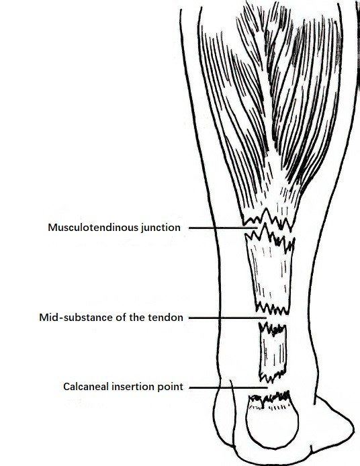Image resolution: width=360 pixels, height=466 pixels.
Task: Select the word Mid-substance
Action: pyautogui.click(x=76, y=318)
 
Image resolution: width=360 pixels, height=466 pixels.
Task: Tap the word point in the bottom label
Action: pyautogui.click(x=171, y=387)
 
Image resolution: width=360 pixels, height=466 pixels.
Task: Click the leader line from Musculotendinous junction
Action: pyautogui.click(x=223, y=228)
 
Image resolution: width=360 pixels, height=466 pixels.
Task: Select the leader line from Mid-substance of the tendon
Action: pyautogui.click(x=228, y=318)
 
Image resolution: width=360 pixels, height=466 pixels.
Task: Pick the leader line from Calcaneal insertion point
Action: pyautogui.click(x=228, y=387)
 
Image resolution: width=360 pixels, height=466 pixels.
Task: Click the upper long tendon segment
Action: pyautogui.click(x=270, y=273)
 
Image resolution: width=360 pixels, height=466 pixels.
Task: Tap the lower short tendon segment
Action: pyautogui.click(x=273, y=353)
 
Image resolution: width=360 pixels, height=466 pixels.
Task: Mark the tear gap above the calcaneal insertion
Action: pyautogui.click(x=271, y=387)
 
